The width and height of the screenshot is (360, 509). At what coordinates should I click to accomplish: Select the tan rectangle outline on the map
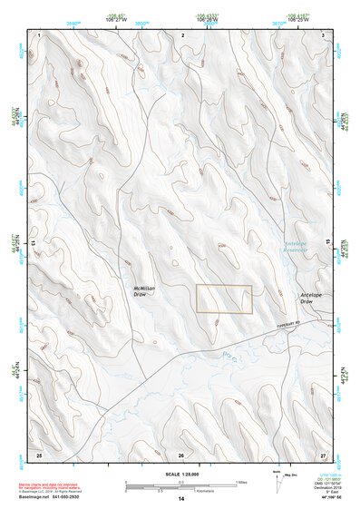224,299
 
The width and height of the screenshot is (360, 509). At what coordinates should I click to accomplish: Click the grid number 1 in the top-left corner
41,34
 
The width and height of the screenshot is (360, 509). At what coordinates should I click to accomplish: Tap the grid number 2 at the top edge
183,34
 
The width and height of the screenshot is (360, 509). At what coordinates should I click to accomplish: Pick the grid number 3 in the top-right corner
324,34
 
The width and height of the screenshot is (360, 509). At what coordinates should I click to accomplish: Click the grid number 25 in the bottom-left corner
39,452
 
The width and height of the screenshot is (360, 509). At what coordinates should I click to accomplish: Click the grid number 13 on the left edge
35,243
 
